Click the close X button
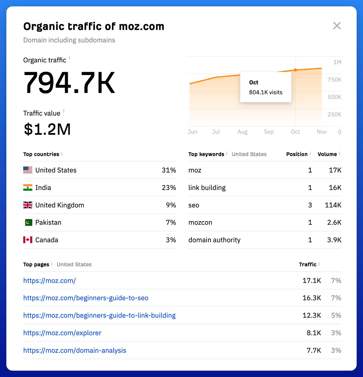click(x=337, y=26)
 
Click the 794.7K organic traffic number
click(x=69, y=83)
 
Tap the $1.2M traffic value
click(x=47, y=129)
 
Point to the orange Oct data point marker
click(x=295, y=70)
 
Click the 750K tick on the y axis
click(x=334, y=80)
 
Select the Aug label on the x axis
click(x=242, y=132)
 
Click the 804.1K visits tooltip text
click(x=266, y=92)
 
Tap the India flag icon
click(x=28, y=188)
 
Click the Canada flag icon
click(x=28, y=240)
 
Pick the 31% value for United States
click(x=169, y=170)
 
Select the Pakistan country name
click(x=48, y=223)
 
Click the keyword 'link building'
click(x=207, y=188)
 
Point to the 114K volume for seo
click(x=333, y=205)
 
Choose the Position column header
click(x=297, y=154)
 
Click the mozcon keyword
click(x=200, y=223)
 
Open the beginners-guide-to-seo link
click(x=86, y=298)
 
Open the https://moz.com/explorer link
click(x=62, y=333)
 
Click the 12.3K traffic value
click(x=312, y=316)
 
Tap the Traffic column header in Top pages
click(x=308, y=264)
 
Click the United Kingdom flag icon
click(x=28, y=205)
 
